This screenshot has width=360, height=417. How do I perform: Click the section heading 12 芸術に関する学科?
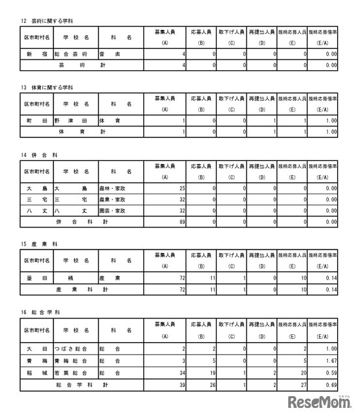pyautogui.click(x=48, y=22)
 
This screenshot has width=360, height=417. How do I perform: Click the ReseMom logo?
pyautogui.click(x=320, y=401)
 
